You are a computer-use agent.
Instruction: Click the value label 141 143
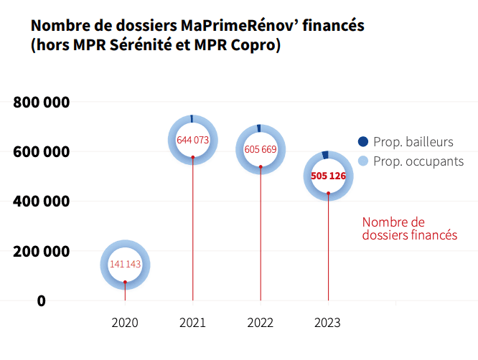125,265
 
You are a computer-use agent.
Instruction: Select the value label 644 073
192,140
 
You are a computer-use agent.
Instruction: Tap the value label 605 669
261,150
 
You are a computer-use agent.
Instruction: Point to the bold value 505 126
329,176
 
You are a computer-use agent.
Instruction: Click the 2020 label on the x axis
125,323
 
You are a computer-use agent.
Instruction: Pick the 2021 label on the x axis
192,323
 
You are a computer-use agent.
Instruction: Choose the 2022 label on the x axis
261,323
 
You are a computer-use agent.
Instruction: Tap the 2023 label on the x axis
328,323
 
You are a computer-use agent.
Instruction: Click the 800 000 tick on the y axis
41,103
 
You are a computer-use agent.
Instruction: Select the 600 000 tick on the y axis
41,152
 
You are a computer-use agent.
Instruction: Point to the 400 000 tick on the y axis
41,202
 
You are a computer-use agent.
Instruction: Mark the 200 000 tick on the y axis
41,252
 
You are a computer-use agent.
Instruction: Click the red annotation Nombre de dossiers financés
409,229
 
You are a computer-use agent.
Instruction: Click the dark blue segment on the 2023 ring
326,154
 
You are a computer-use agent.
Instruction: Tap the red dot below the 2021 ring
192,157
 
